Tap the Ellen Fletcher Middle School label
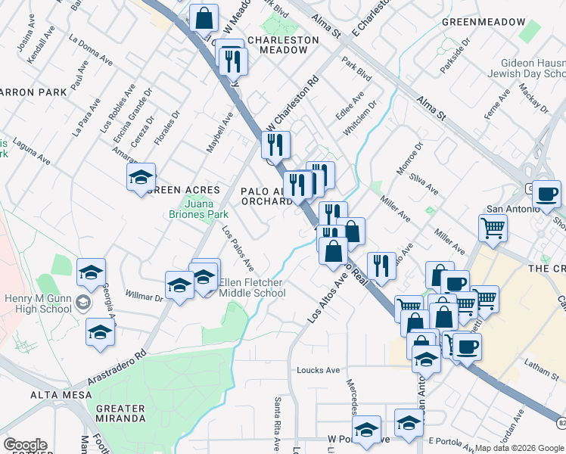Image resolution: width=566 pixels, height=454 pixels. point(251,288)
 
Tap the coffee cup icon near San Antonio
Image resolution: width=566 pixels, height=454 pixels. point(546,193)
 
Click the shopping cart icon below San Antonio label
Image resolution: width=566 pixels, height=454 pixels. point(493,226)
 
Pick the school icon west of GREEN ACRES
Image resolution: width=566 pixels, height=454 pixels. point(141,177)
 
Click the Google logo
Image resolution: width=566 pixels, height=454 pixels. point(25,445)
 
